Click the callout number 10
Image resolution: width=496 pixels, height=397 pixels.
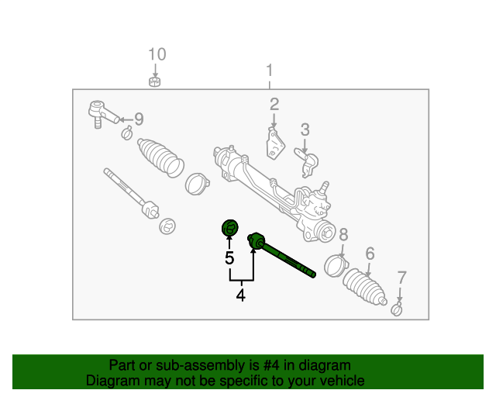click(157, 54)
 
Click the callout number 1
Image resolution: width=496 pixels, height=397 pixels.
click(270, 71)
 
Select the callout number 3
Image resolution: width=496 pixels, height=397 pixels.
click(305, 129)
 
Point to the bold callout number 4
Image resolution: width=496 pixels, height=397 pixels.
click(240, 295)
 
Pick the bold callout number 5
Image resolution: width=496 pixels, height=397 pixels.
click(229, 258)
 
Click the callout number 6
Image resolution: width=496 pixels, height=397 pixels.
click(370, 254)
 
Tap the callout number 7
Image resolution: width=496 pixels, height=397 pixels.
click(401, 278)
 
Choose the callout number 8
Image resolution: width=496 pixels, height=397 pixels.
click(343, 234)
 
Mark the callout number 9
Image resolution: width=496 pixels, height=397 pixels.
click(139, 119)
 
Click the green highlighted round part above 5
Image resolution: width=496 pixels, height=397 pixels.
click(229, 228)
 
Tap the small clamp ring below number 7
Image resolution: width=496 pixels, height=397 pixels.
click(397, 311)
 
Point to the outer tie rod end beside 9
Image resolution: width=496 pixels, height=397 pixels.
click(101, 113)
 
